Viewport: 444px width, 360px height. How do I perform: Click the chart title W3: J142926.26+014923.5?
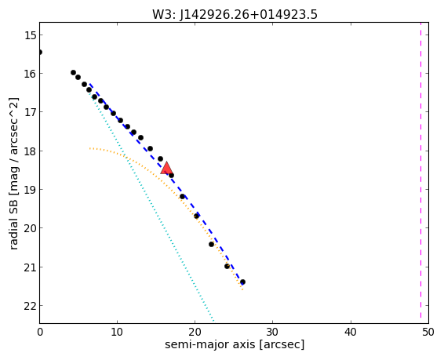click(x=235, y=14)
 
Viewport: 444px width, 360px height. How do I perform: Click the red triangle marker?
click(x=166, y=168)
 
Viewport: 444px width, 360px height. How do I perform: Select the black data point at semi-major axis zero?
click(x=40, y=52)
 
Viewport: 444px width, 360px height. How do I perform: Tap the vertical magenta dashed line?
click(x=420, y=173)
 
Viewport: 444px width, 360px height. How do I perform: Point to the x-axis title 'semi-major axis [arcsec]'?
click(x=235, y=344)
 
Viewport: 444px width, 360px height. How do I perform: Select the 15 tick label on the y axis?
click(x=30, y=35)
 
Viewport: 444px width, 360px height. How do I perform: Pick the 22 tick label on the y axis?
click(x=30, y=306)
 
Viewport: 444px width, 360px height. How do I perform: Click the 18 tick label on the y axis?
click(x=30, y=151)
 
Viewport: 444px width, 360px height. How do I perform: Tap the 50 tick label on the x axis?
click(x=428, y=332)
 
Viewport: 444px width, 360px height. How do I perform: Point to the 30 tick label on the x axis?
click(x=272, y=332)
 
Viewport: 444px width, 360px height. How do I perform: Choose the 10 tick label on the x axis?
click(x=117, y=332)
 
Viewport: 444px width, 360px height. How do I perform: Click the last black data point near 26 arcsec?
click(x=242, y=282)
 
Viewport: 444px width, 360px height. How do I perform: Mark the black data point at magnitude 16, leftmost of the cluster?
click(x=73, y=73)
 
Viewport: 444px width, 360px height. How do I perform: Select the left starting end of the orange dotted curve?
click(x=90, y=148)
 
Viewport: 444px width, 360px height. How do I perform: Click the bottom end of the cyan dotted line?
click(x=213, y=321)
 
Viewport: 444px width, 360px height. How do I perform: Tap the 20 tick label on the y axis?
click(x=30, y=228)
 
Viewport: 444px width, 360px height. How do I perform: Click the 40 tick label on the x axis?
click(x=351, y=332)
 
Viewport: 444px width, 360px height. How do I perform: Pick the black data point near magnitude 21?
click(x=227, y=266)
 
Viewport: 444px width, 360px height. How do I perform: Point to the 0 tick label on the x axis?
click(x=40, y=332)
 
